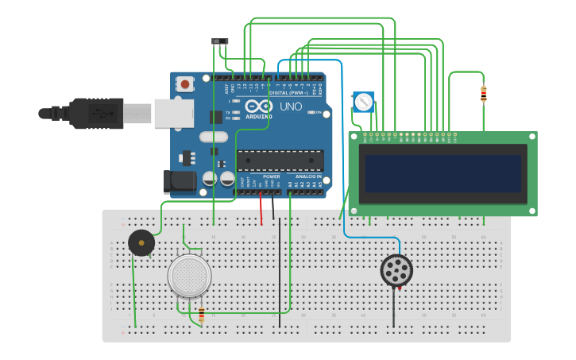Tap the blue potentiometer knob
tap(363, 102)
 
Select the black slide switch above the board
tap(220, 41)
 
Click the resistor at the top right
tap(484, 94)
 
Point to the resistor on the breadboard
tap(201, 315)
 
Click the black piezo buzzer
tap(141, 242)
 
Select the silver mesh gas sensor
tap(190, 276)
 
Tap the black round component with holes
tap(396, 271)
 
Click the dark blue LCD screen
tap(443, 174)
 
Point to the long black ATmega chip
tap(280, 161)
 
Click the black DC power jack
tap(179, 182)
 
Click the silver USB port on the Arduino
tap(173, 114)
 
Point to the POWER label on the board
tap(261, 176)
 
